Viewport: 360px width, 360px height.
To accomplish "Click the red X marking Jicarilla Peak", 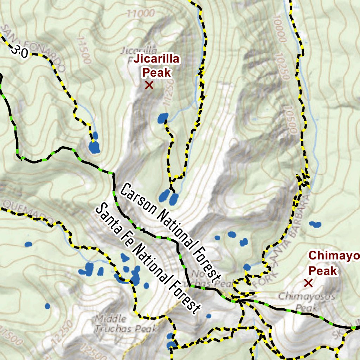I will (x=149, y=85).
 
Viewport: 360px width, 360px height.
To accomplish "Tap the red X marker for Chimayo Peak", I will (x=308, y=282).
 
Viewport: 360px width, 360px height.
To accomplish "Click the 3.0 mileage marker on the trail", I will (x=19, y=52).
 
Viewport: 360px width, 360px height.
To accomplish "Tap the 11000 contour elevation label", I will (x=141, y=13).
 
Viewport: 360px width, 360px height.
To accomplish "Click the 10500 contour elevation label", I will (x=290, y=120).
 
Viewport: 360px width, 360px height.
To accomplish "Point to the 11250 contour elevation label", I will (x=168, y=91).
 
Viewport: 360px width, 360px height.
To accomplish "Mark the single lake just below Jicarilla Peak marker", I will (x=162, y=118).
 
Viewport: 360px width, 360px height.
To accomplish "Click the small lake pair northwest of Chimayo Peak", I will (x=315, y=224).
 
